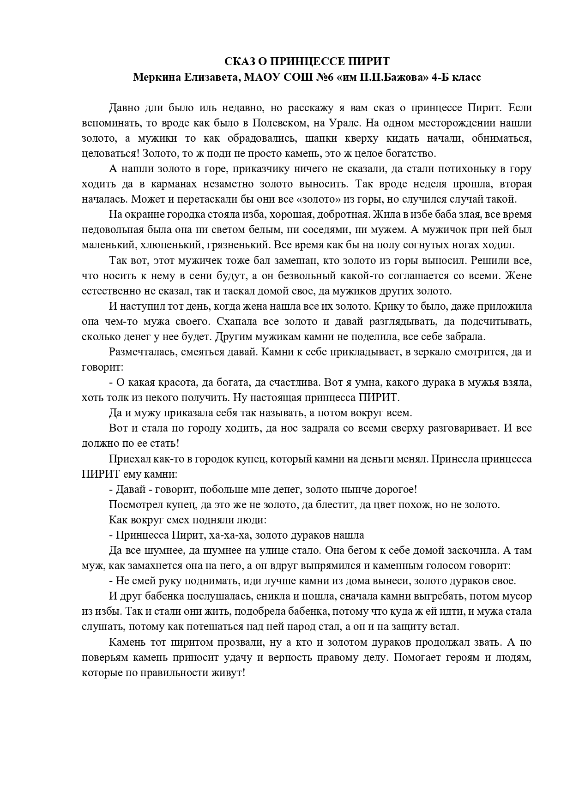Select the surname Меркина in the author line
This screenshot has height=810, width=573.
[x=154, y=77]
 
